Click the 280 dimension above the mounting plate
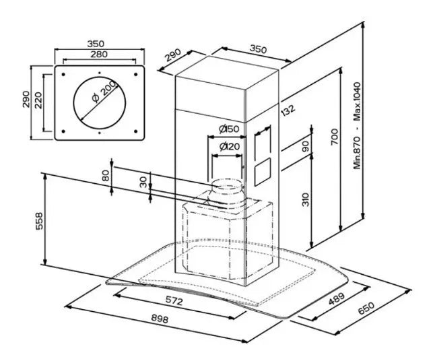point(99,55)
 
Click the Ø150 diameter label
point(229,129)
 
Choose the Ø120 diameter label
point(229,147)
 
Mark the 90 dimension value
point(304,146)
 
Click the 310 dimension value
point(304,199)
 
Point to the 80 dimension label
point(104,176)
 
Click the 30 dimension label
point(143,181)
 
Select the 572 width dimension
point(174,301)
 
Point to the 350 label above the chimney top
point(258,48)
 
